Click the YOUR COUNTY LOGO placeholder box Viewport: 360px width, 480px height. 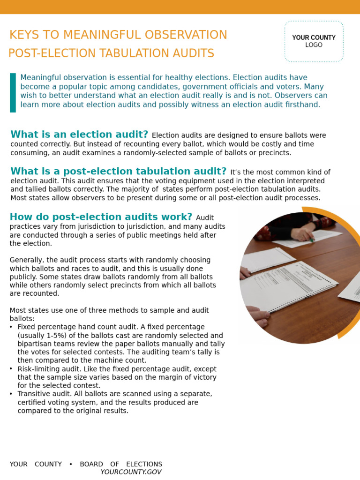point(314,41)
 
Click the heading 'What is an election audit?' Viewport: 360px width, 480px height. point(79,135)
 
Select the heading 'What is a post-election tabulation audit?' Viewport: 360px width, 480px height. point(118,172)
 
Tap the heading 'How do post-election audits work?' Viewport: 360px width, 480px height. point(101,217)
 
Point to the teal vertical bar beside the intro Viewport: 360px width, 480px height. point(13,92)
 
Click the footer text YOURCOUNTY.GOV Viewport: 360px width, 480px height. point(131,472)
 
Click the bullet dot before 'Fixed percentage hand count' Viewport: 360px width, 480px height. point(11,327)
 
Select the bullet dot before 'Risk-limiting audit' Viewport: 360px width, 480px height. point(11,369)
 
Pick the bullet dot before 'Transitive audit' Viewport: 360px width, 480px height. point(11,394)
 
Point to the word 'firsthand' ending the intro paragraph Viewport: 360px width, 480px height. point(302,105)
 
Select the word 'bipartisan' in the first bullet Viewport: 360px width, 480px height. point(35,344)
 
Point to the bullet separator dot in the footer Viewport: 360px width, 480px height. point(71,464)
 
